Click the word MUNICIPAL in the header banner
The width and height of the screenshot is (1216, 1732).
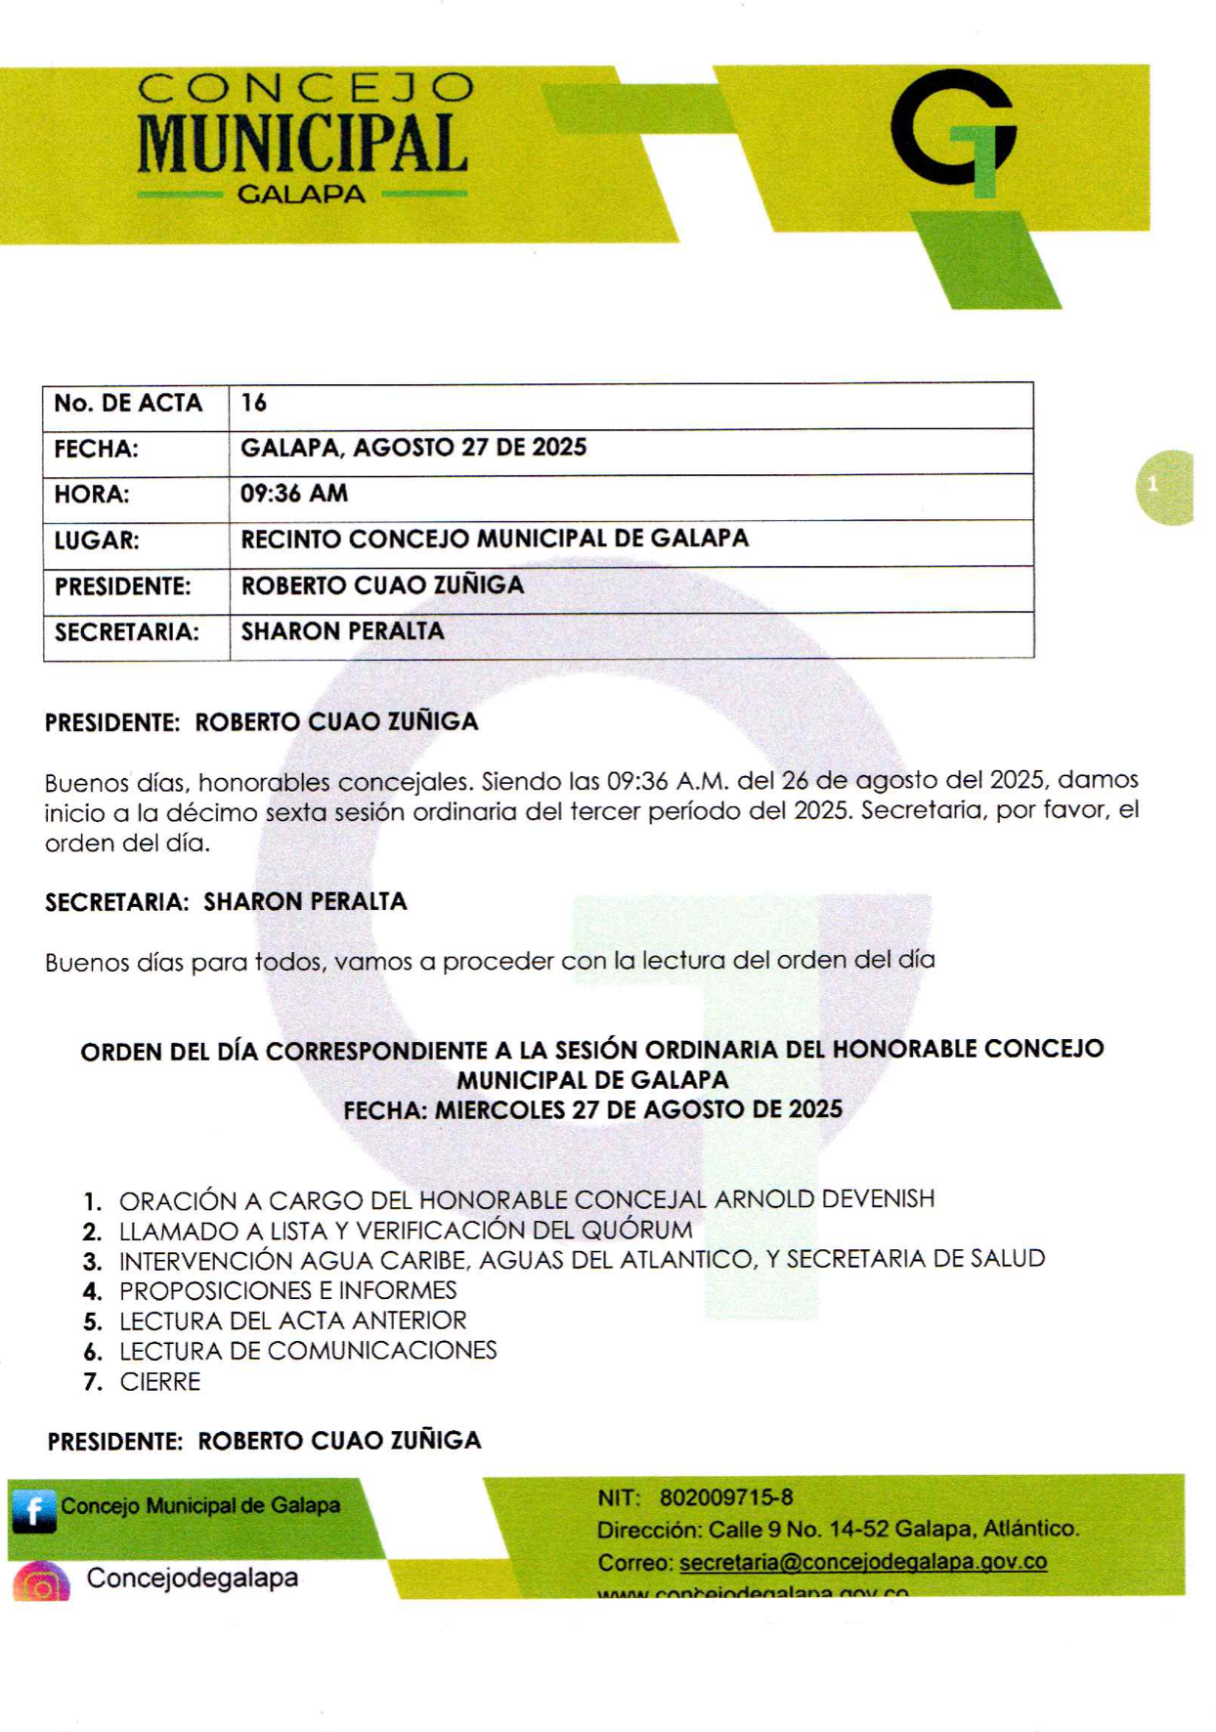301,144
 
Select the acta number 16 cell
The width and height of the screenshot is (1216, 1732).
254,403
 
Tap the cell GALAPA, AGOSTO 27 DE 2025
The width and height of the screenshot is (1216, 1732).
413,448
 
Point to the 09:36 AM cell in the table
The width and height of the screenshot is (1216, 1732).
294,494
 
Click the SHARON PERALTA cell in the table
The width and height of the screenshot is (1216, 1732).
342,631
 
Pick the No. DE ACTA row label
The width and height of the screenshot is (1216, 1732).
128,403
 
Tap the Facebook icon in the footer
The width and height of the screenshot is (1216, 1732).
33,1511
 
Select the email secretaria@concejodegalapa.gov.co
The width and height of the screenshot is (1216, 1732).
863,1562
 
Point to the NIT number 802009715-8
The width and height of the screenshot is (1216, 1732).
726,1497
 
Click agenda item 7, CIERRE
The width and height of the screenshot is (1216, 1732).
160,1382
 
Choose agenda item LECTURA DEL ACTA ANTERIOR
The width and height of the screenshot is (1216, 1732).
292,1321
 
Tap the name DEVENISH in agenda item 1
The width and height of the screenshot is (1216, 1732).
878,1199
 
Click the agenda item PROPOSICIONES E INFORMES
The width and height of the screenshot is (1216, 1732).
287,1290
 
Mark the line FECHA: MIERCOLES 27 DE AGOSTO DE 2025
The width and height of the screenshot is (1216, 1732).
592,1110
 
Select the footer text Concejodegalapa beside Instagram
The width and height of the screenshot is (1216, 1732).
193,1579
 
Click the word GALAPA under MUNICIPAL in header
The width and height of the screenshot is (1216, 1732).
302,195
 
